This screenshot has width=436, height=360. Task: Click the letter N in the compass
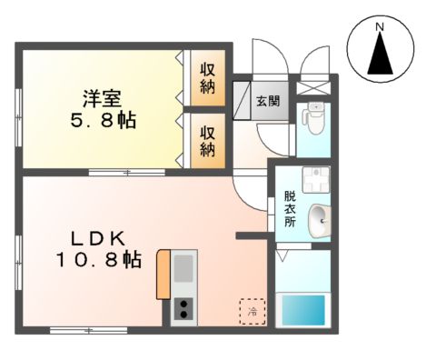tap(381, 28)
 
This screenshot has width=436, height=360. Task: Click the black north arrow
tap(381, 56)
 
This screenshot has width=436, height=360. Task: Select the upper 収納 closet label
tap(208, 77)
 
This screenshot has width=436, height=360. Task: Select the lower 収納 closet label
tap(208, 137)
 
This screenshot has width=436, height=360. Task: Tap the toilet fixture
tap(315, 117)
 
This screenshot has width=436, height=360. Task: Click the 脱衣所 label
tap(290, 209)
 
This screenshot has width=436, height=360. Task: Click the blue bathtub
tap(304, 311)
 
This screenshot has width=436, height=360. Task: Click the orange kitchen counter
tap(163, 274)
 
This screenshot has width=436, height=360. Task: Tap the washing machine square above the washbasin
tap(316, 179)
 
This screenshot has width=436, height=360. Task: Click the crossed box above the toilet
tap(315, 85)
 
